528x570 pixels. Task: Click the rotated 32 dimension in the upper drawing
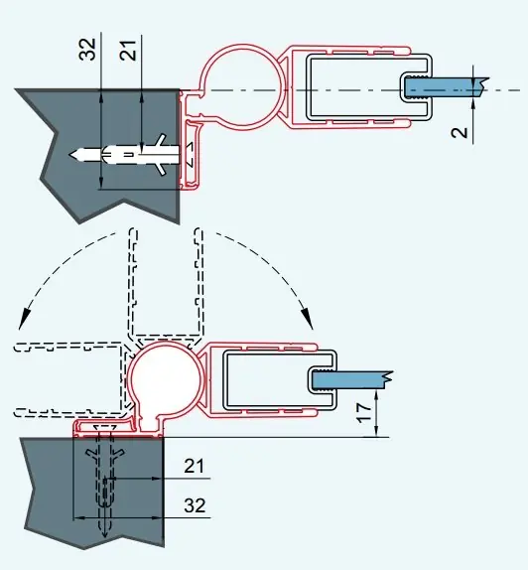87,49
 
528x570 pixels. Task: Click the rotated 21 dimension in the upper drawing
129,50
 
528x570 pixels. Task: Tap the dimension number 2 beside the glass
460,133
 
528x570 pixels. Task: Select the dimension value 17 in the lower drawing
364,412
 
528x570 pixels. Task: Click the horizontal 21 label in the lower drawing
195,466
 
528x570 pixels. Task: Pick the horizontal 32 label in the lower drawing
195,505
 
